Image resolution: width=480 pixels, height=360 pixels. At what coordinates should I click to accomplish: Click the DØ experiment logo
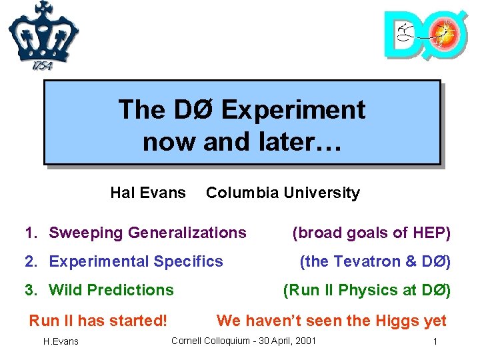[x=425, y=34]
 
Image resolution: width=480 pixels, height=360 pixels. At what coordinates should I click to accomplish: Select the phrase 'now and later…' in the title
[x=242, y=141]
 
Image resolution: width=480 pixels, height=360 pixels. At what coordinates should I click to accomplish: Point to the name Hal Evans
[x=148, y=193]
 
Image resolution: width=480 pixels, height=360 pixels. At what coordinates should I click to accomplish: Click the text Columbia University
[x=283, y=193]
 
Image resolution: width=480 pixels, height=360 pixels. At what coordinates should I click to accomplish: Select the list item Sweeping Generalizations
[x=147, y=233]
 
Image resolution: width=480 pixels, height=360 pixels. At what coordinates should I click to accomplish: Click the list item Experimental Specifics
[x=136, y=261]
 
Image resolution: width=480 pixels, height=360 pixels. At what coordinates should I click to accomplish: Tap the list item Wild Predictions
[x=111, y=290]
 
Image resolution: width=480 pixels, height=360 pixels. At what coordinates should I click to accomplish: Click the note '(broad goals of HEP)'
[x=371, y=233]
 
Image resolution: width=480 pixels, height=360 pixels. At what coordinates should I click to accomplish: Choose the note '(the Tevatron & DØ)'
[x=375, y=261]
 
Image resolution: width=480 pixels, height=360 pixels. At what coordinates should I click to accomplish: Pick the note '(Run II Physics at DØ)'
[x=367, y=290]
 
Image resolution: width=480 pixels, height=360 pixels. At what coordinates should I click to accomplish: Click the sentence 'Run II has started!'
[x=98, y=321]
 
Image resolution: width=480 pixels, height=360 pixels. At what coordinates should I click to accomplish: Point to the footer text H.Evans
[x=61, y=342]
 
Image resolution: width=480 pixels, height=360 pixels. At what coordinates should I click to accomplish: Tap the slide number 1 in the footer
[x=435, y=342]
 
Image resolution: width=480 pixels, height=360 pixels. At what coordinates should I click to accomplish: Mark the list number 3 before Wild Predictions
[x=29, y=290]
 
